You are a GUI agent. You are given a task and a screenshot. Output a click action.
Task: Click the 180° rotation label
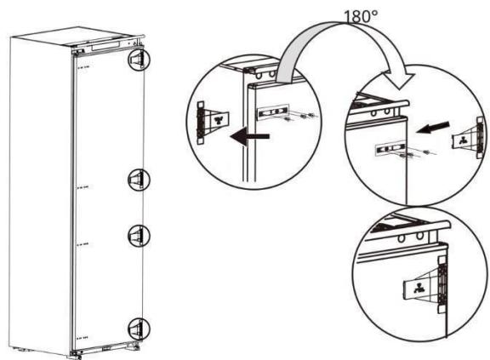click(x=333, y=14)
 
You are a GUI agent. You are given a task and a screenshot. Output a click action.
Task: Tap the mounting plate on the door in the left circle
click(x=273, y=111)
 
